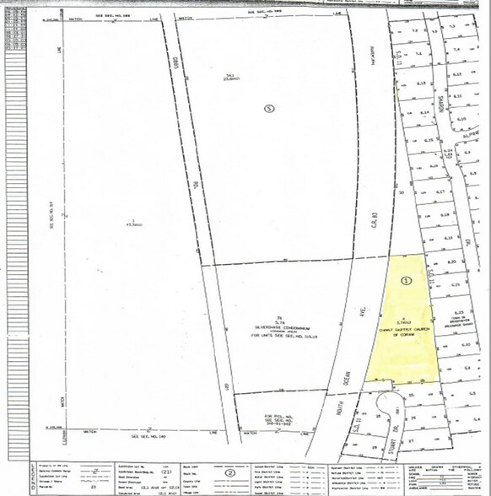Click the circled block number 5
pos(269,109)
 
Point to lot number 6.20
pos(451,262)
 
